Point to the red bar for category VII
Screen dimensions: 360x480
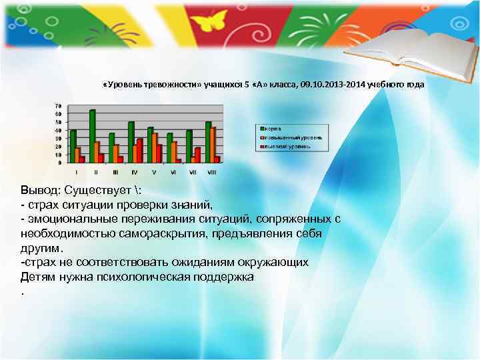(197, 155)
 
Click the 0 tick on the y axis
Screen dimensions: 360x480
(60, 163)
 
